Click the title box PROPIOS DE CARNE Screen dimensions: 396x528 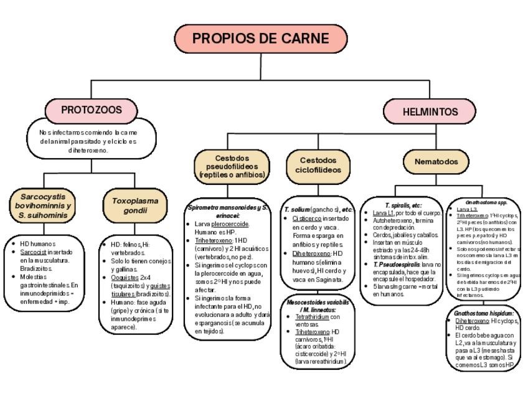(x=260, y=39)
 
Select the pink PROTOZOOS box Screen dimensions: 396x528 (x=91, y=110)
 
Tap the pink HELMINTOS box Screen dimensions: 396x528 (x=430, y=112)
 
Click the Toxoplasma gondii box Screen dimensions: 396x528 (x=135, y=206)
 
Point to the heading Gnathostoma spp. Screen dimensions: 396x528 (x=487, y=202)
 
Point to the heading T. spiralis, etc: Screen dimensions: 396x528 (x=403, y=205)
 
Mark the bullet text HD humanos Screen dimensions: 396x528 (x=38, y=243)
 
